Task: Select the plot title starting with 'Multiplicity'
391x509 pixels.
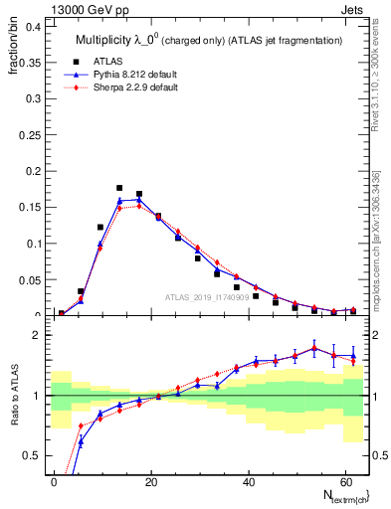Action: point(209,40)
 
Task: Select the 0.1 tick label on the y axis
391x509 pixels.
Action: point(32,243)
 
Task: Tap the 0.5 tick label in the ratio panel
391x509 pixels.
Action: point(32,456)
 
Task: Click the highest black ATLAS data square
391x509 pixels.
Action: point(119,187)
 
